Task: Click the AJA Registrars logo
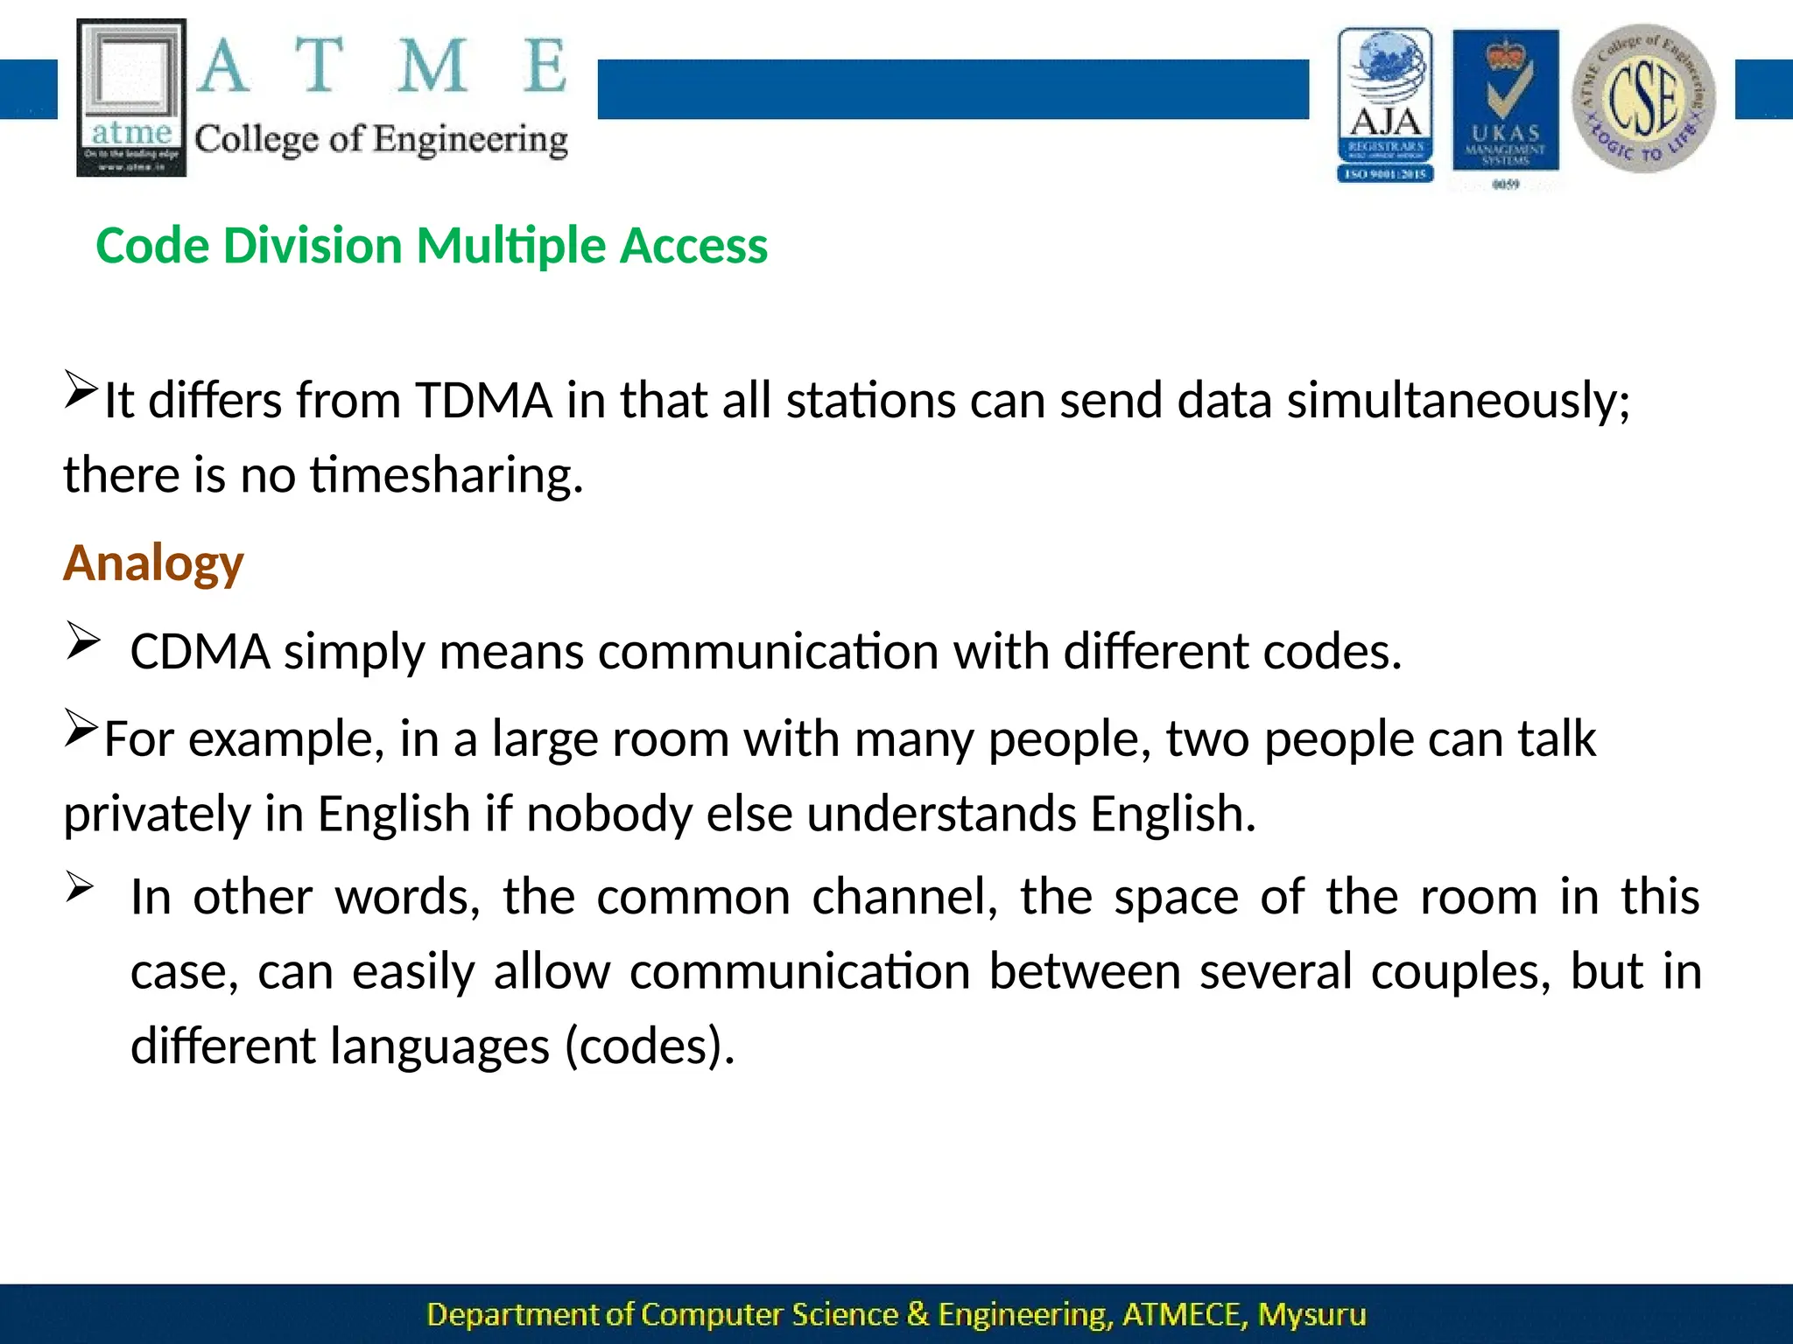(1385, 105)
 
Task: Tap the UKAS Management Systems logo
(1505, 103)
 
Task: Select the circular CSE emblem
(1643, 98)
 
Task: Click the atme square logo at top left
(131, 97)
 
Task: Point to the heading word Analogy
(153, 563)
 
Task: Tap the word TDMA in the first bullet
(483, 401)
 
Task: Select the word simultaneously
(1458, 401)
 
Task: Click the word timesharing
(446, 475)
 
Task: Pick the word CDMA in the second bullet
(200, 652)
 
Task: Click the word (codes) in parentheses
(650, 1046)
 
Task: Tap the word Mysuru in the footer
(1311, 1314)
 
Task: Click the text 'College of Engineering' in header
(381, 140)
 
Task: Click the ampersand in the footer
(918, 1314)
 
